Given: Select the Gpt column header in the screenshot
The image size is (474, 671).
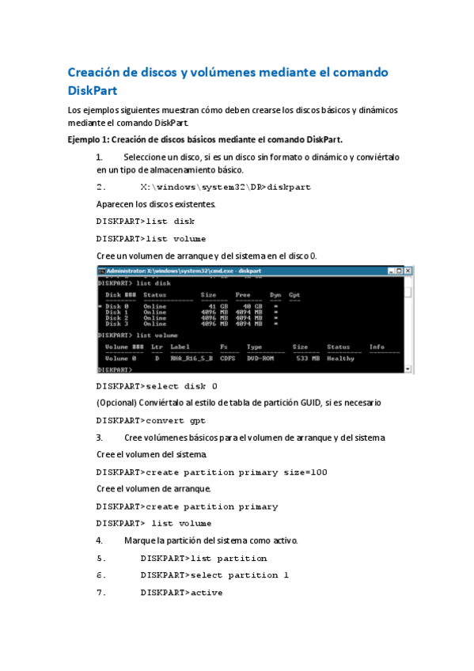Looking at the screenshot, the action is pyautogui.click(x=294, y=295).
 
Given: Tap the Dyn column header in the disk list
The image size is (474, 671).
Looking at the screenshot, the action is pyautogui.click(x=275, y=295).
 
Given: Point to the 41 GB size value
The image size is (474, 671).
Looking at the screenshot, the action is pyautogui.click(x=210, y=306).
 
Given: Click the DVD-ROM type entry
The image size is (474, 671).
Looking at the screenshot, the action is pyautogui.click(x=260, y=358).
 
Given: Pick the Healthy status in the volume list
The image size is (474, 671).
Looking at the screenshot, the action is pyautogui.click(x=340, y=358).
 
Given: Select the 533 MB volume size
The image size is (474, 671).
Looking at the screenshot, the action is pyautogui.click(x=305, y=358).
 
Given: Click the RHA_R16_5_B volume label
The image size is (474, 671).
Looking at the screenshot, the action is pyautogui.click(x=191, y=358).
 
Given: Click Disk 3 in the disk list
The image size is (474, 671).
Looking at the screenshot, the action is pyautogui.click(x=116, y=323).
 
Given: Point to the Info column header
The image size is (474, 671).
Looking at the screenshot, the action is pyautogui.click(x=377, y=347).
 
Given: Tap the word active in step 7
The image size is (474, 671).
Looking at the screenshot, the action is pyautogui.click(x=206, y=593).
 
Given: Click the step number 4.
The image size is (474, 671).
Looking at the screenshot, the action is pyautogui.click(x=99, y=541).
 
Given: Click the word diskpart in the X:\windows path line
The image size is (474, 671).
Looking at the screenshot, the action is pyautogui.click(x=290, y=188).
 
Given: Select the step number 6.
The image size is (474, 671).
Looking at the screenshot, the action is pyautogui.click(x=100, y=575).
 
